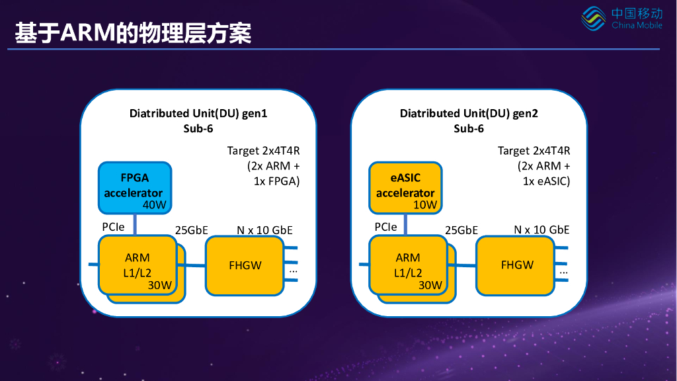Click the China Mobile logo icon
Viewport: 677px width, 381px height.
[x=593, y=19]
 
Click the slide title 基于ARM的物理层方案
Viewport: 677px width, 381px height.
[x=133, y=33]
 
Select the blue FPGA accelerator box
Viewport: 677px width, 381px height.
[x=135, y=188]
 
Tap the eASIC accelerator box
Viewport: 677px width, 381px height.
[x=405, y=188]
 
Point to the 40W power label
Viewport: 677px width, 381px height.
[x=154, y=205]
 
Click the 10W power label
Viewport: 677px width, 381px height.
[x=425, y=205]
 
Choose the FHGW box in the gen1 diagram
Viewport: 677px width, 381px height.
[x=245, y=265]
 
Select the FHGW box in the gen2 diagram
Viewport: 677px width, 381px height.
[x=516, y=265]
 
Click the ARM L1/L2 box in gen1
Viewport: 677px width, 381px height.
[x=138, y=265]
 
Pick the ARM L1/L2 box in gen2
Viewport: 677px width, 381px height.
[x=408, y=265]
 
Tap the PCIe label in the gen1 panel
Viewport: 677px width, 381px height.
[x=113, y=227]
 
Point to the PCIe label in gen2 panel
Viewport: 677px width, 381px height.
[x=385, y=227]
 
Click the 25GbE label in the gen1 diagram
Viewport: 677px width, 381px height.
[x=191, y=230]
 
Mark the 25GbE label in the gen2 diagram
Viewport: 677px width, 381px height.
[x=461, y=230]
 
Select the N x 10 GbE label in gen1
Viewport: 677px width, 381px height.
[x=264, y=230]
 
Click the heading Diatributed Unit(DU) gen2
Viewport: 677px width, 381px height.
[x=469, y=113]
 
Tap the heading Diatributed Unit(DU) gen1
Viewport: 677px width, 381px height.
[x=198, y=113]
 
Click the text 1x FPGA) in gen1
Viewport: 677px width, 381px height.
[x=276, y=181]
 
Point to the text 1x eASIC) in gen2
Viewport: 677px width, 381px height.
[x=546, y=181]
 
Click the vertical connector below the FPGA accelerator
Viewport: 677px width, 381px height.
[x=135, y=225]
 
